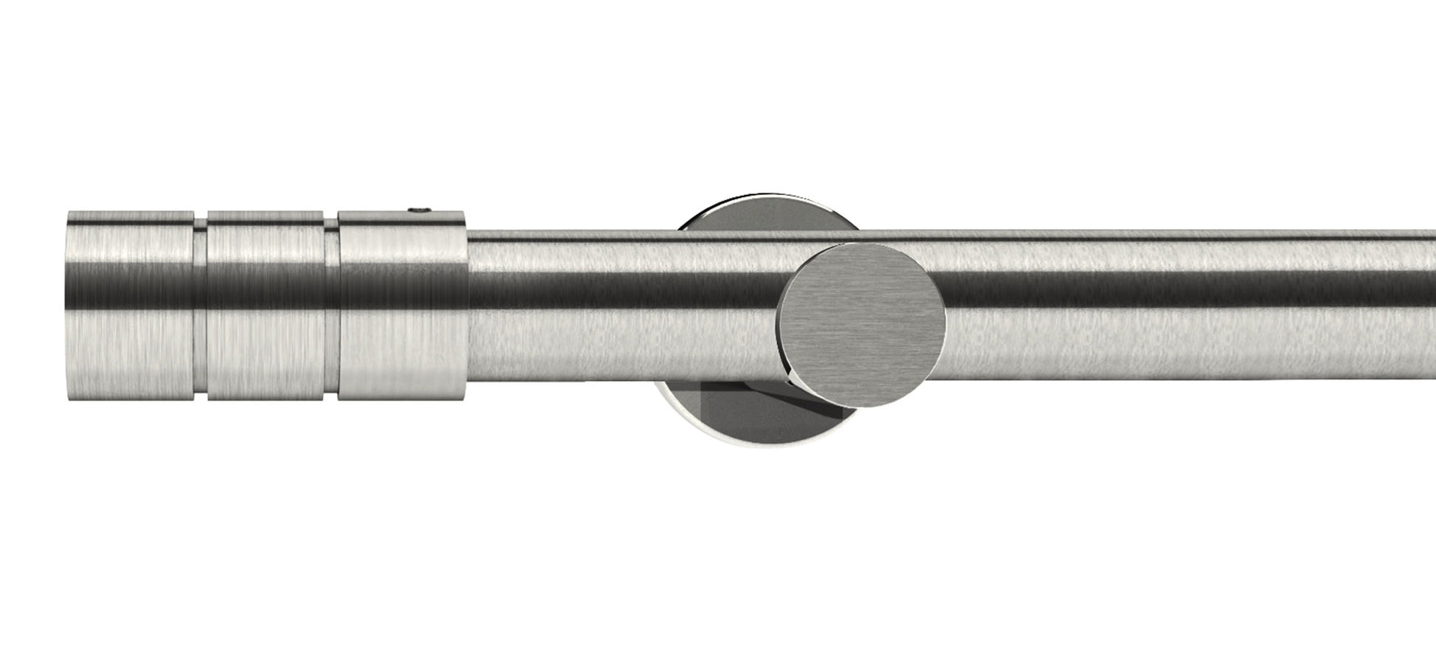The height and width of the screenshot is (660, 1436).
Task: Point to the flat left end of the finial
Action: click(x=69, y=306)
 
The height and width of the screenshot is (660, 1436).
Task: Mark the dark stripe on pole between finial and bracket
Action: click(x=620, y=292)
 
